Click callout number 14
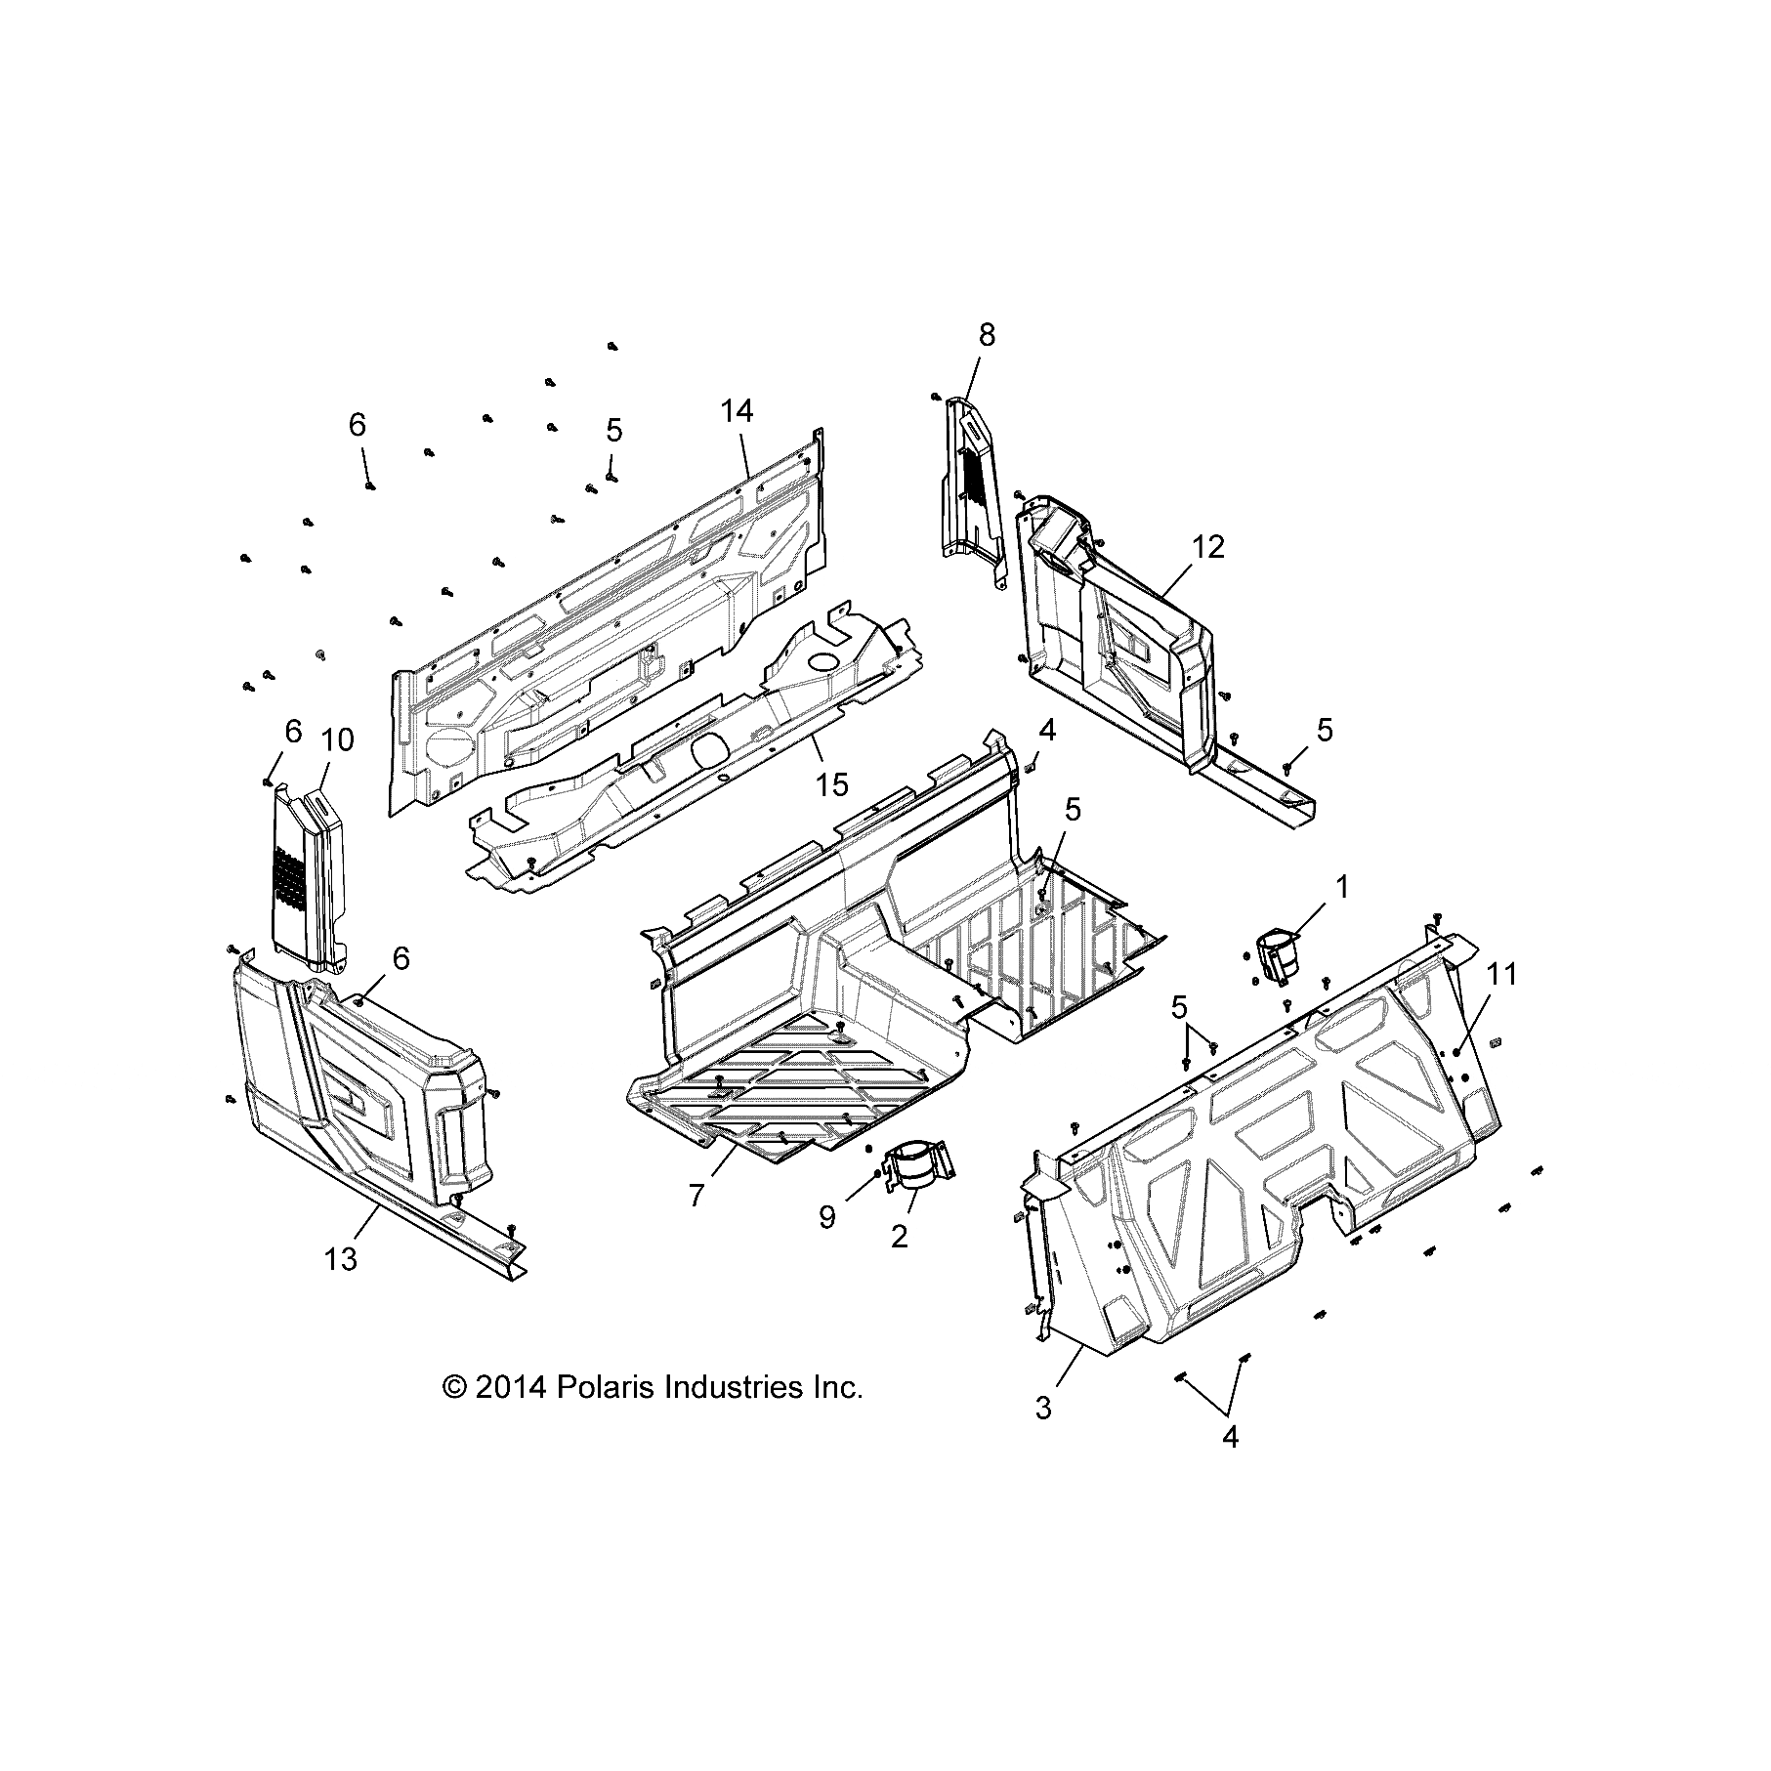(x=738, y=412)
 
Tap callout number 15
(x=832, y=783)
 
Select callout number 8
(x=987, y=335)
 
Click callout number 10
(x=337, y=740)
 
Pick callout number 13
(x=341, y=1260)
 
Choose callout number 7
(x=696, y=1195)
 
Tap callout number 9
(x=827, y=1217)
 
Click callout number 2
(x=900, y=1236)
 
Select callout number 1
(x=1342, y=887)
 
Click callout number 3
(x=1043, y=1409)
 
